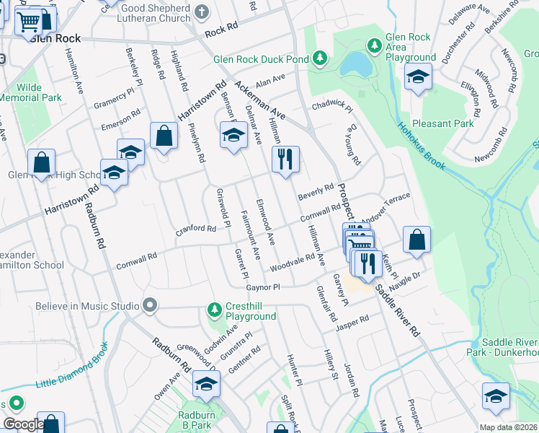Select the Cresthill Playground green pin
(x=213, y=310)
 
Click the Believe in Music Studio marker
(x=150, y=305)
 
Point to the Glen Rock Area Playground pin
(x=374, y=46)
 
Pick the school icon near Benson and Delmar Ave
(x=233, y=135)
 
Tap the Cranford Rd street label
(x=197, y=229)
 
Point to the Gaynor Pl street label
(x=262, y=287)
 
